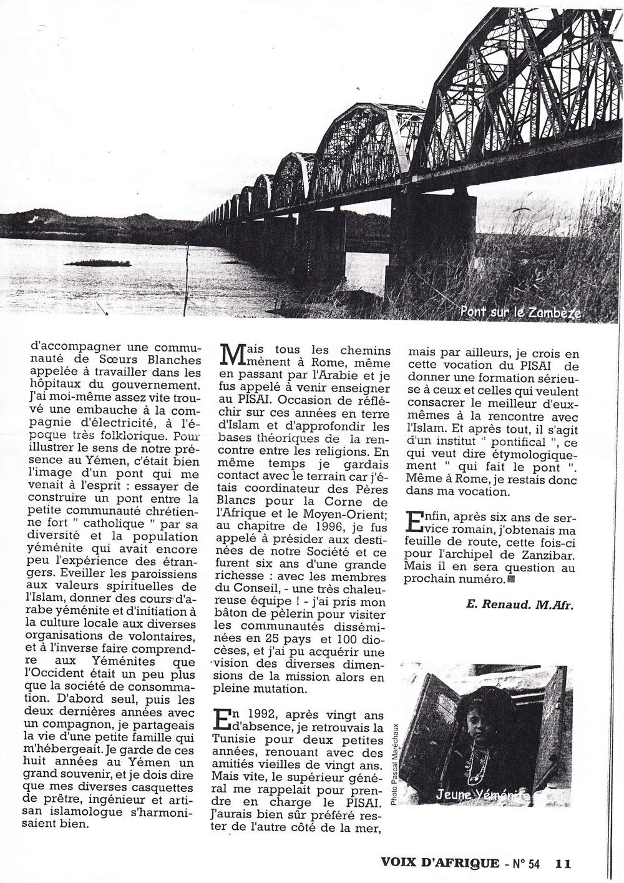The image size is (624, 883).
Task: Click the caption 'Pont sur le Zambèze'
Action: [519, 312]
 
